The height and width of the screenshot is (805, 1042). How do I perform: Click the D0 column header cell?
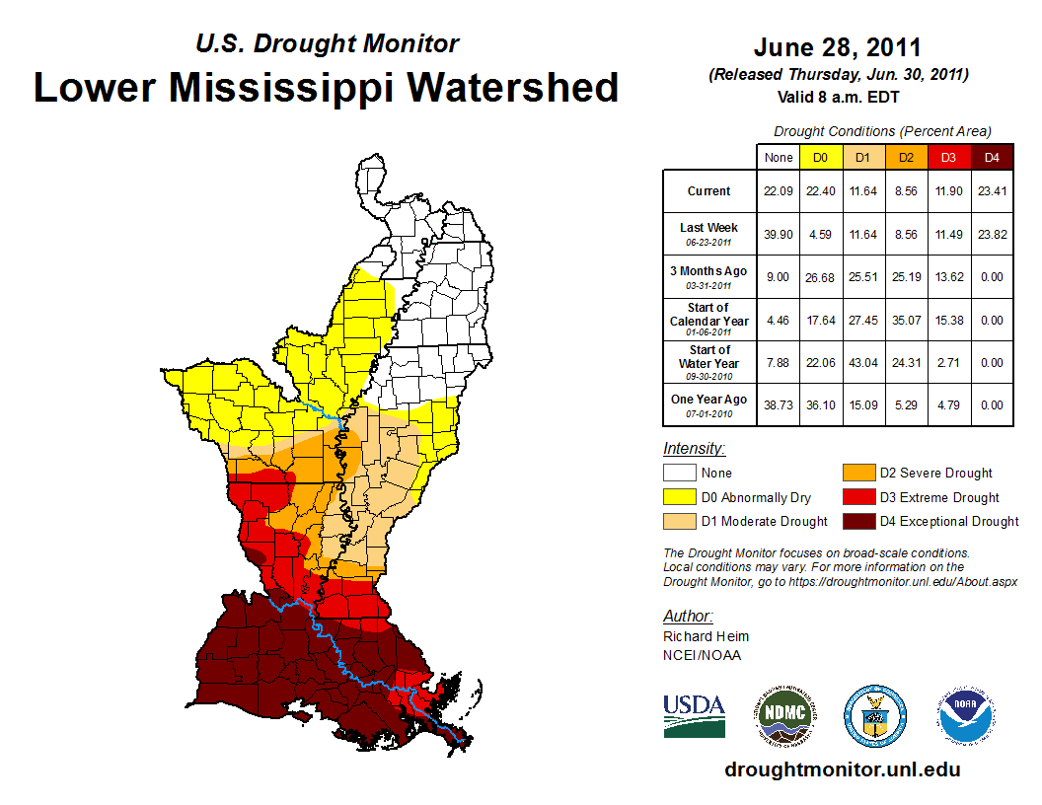pyautogui.click(x=820, y=157)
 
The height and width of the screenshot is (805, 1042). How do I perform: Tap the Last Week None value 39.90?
pyautogui.click(x=778, y=235)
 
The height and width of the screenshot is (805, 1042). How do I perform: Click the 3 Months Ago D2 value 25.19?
pyautogui.click(x=905, y=277)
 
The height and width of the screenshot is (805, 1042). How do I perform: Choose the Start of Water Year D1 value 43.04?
pyautogui.click(x=862, y=362)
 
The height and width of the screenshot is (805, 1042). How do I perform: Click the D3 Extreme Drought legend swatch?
pyautogui.click(x=856, y=497)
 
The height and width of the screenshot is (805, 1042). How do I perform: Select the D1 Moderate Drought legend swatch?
pyautogui.click(x=679, y=522)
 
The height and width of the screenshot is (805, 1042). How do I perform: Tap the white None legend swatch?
pyautogui.click(x=679, y=474)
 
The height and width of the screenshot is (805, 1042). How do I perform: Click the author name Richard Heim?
pyautogui.click(x=706, y=636)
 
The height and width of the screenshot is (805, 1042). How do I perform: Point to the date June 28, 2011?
pyautogui.click(x=838, y=47)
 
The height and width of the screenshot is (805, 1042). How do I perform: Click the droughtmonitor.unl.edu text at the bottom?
pyautogui.click(x=842, y=769)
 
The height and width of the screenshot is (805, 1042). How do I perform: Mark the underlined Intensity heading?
pyautogui.click(x=694, y=449)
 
